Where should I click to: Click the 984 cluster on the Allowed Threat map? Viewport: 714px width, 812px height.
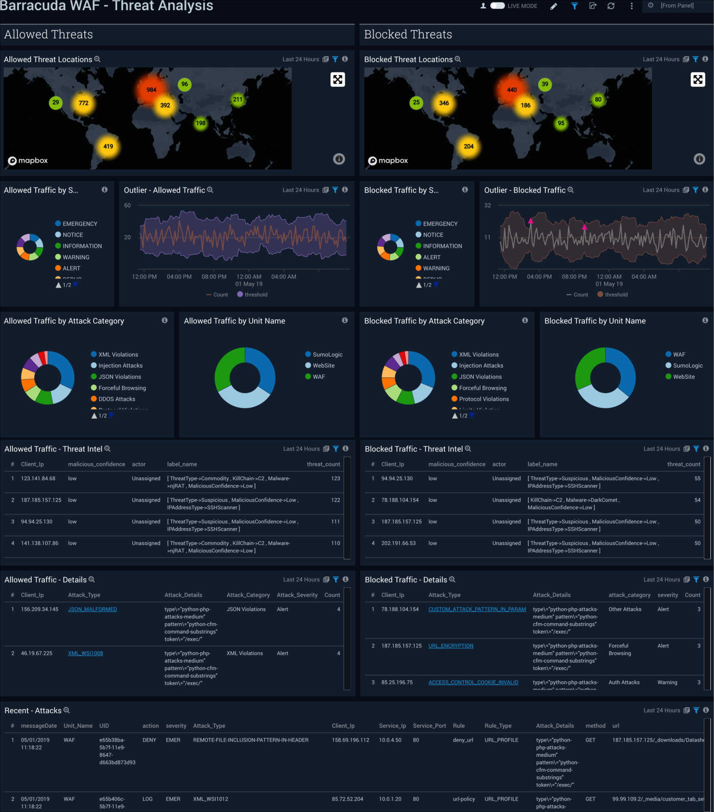(151, 90)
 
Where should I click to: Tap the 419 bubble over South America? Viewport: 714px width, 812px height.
(108, 146)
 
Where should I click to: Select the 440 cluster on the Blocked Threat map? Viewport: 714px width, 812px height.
(511, 90)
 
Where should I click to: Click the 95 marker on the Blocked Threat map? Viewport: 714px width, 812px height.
(560, 123)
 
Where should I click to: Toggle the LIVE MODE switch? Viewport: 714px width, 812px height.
(497, 6)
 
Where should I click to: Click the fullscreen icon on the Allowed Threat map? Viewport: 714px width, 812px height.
(338, 80)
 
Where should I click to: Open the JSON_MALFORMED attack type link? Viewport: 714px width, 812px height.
(92, 609)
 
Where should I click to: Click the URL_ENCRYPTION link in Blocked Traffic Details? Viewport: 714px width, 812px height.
(450, 646)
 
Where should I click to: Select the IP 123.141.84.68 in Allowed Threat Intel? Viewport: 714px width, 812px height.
(38, 479)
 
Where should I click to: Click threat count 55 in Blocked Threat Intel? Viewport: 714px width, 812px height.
(697, 479)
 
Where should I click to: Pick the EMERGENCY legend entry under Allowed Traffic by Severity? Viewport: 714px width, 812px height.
(80, 224)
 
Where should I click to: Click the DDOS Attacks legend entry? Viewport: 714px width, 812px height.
(117, 399)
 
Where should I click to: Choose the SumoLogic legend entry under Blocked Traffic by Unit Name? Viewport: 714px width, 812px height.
(687, 366)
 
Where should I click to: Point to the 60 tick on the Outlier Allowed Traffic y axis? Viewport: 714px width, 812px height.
(128, 206)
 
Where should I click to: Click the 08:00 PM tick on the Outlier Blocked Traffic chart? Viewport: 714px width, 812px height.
(574, 277)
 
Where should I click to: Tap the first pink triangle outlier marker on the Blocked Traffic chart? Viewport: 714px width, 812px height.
(530, 221)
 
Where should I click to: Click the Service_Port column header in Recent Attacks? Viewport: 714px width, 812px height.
(429, 726)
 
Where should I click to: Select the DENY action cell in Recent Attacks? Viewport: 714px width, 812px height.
(149, 740)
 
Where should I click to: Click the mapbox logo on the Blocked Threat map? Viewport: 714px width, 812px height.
(388, 160)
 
